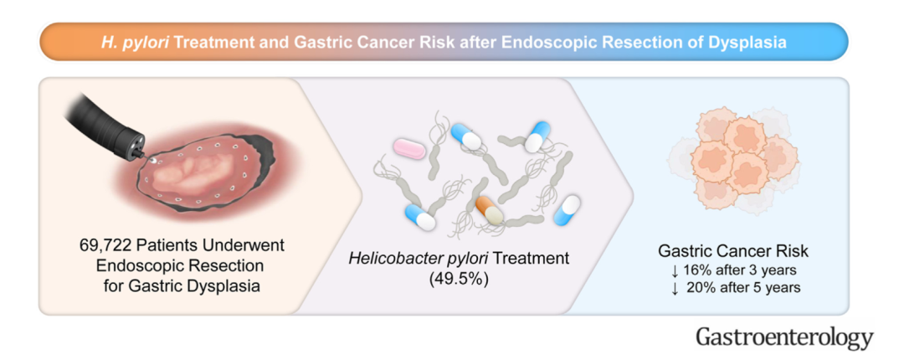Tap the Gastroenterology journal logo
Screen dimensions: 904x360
click(784, 337)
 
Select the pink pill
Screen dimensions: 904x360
click(409, 149)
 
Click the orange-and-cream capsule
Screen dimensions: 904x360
click(490, 210)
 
